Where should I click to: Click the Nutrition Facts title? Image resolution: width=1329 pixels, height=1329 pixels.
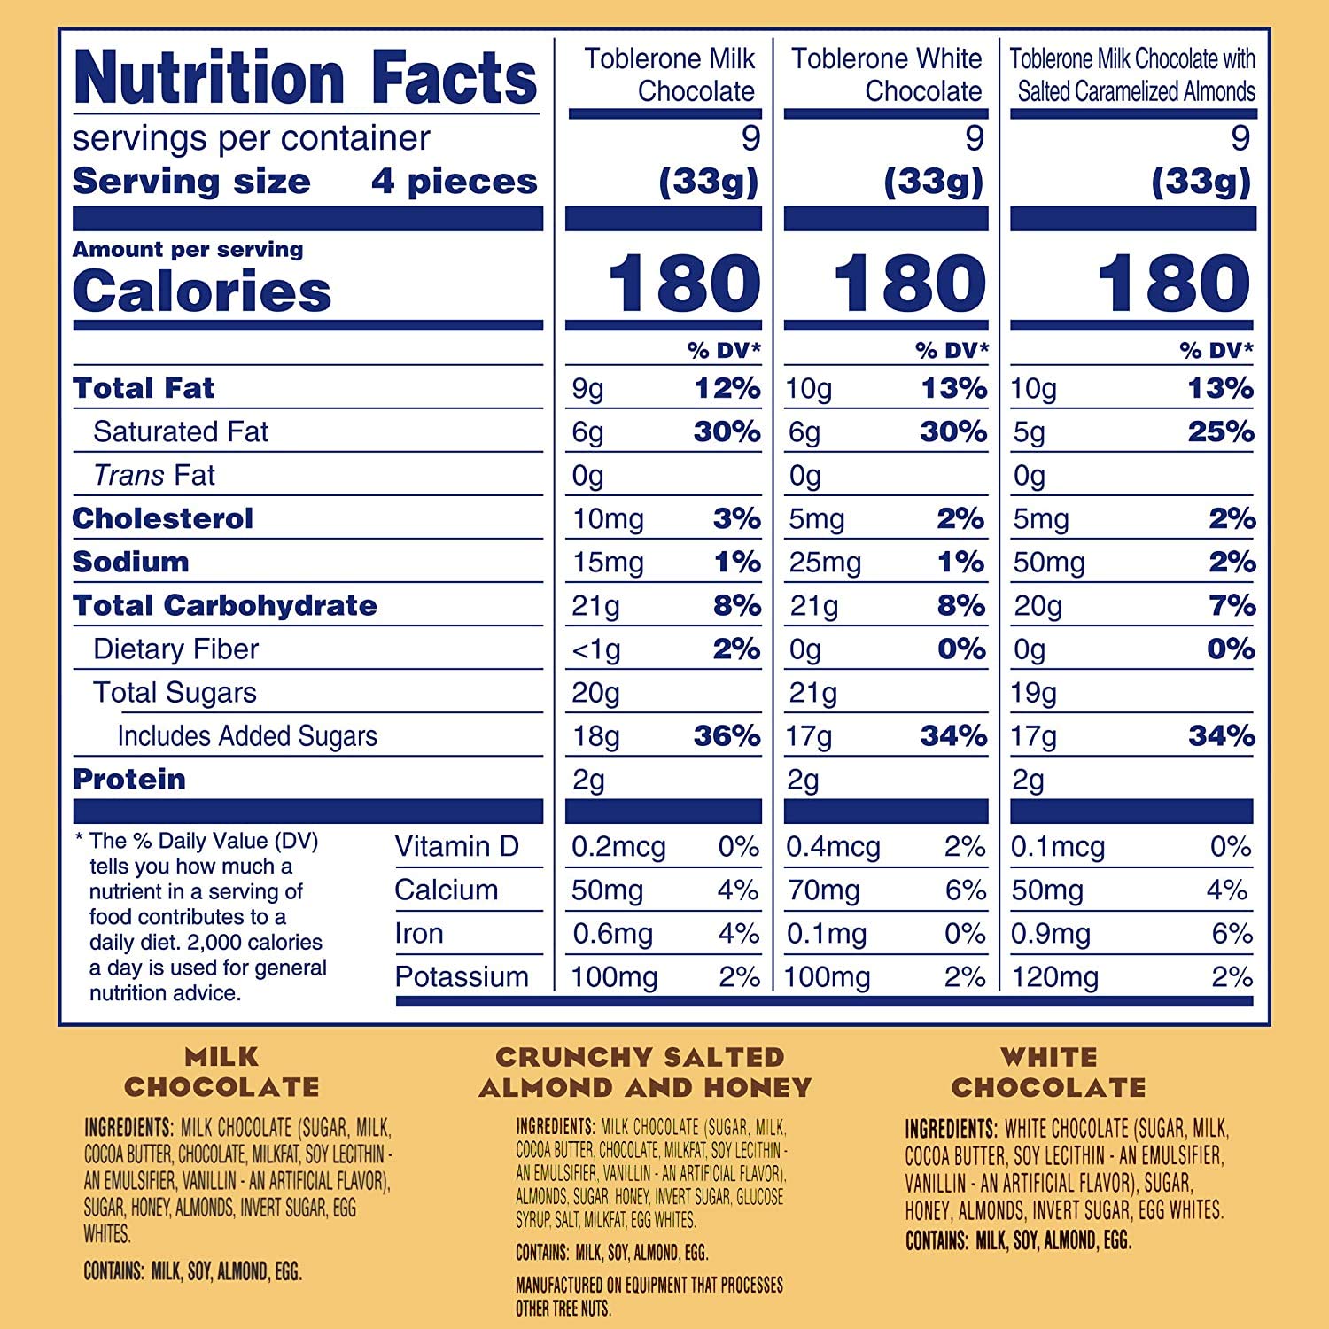point(306,78)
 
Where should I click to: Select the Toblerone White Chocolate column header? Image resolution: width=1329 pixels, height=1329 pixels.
point(886,74)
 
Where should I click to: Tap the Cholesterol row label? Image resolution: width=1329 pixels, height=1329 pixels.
point(163,518)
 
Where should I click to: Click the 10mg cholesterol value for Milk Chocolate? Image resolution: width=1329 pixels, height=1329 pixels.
point(608,519)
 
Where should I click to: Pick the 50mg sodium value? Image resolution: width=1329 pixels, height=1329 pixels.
point(1049,563)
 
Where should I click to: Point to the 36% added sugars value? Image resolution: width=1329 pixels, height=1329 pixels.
point(727,735)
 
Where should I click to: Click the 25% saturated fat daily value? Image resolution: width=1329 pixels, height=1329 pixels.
point(1221,431)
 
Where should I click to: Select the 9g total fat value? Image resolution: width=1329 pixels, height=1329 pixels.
point(587,389)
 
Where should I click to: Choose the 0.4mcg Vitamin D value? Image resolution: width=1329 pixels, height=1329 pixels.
point(833,847)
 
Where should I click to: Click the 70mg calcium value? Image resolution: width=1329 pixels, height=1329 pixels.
point(824,890)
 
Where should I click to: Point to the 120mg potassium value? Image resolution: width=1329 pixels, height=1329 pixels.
point(1054,977)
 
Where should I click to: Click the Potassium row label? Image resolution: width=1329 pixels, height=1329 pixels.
point(462,977)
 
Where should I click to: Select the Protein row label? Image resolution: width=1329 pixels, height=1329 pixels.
point(129,780)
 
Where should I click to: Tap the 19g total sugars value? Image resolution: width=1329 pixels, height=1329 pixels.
point(1033,693)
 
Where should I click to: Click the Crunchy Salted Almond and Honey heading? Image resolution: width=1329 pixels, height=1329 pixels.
point(645,1072)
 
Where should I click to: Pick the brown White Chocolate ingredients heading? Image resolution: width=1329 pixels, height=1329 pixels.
point(1049,1072)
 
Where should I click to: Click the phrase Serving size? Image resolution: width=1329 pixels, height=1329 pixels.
point(191,182)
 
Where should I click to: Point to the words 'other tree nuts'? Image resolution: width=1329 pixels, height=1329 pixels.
point(563,1309)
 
